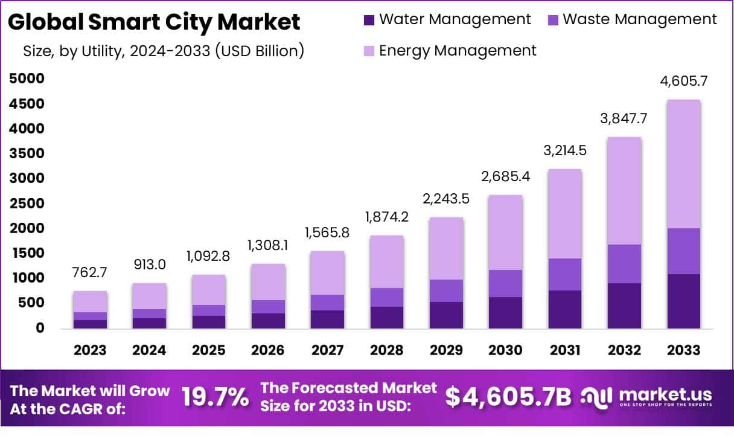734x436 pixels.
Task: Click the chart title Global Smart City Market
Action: click(154, 22)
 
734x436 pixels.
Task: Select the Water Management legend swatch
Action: click(369, 20)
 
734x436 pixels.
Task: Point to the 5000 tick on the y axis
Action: click(27, 79)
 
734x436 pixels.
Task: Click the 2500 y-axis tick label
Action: click(27, 203)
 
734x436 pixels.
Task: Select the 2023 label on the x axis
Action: click(90, 351)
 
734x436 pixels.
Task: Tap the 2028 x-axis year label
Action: click(387, 351)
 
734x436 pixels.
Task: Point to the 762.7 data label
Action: click(90, 272)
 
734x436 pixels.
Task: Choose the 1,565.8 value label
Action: click(327, 232)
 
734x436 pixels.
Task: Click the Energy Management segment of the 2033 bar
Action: click(684, 164)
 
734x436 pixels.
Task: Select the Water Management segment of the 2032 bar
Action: click(624, 306)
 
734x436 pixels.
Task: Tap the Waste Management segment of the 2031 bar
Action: click(565, 274)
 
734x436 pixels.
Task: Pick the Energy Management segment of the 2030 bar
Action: click(506, 232)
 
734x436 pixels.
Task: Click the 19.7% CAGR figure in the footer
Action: click(215, 397)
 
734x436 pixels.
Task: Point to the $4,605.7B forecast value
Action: click(508, 397)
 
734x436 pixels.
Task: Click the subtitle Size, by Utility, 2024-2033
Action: click(163, 51)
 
